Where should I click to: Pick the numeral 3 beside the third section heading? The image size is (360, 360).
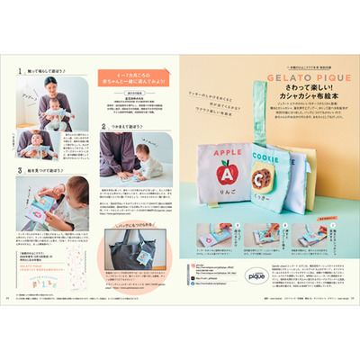pyautogui.click(x=20, y=168)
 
